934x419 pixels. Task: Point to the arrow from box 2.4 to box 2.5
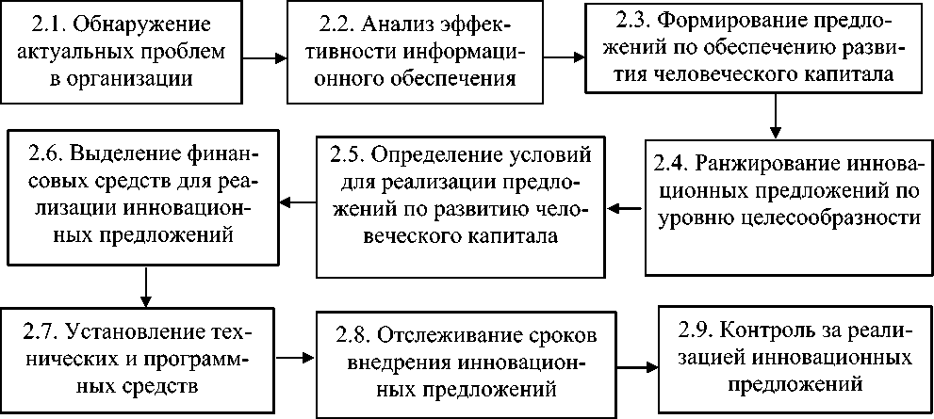[x=625, y=204]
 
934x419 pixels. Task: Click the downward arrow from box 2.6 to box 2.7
[x=147, y=285]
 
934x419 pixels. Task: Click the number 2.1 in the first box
[x=49, y=24]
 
